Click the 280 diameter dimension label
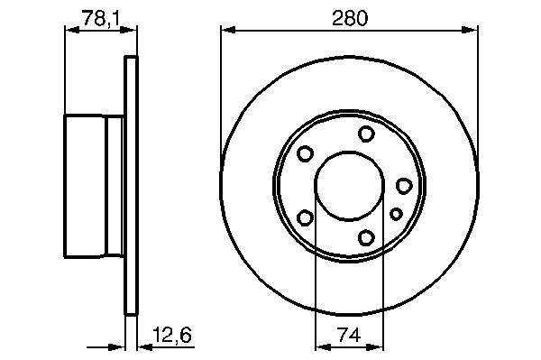pos(350,18)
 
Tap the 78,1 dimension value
pos(101,18)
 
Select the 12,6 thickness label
pos(172,335)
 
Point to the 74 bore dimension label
pos(350,335)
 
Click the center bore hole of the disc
pos(349,186)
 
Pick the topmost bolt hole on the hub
pos(366,134)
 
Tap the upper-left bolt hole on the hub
pos(305,153)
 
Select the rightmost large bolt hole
pos(404,186)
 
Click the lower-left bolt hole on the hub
pos(305,217)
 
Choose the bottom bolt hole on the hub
pos(366,237)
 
